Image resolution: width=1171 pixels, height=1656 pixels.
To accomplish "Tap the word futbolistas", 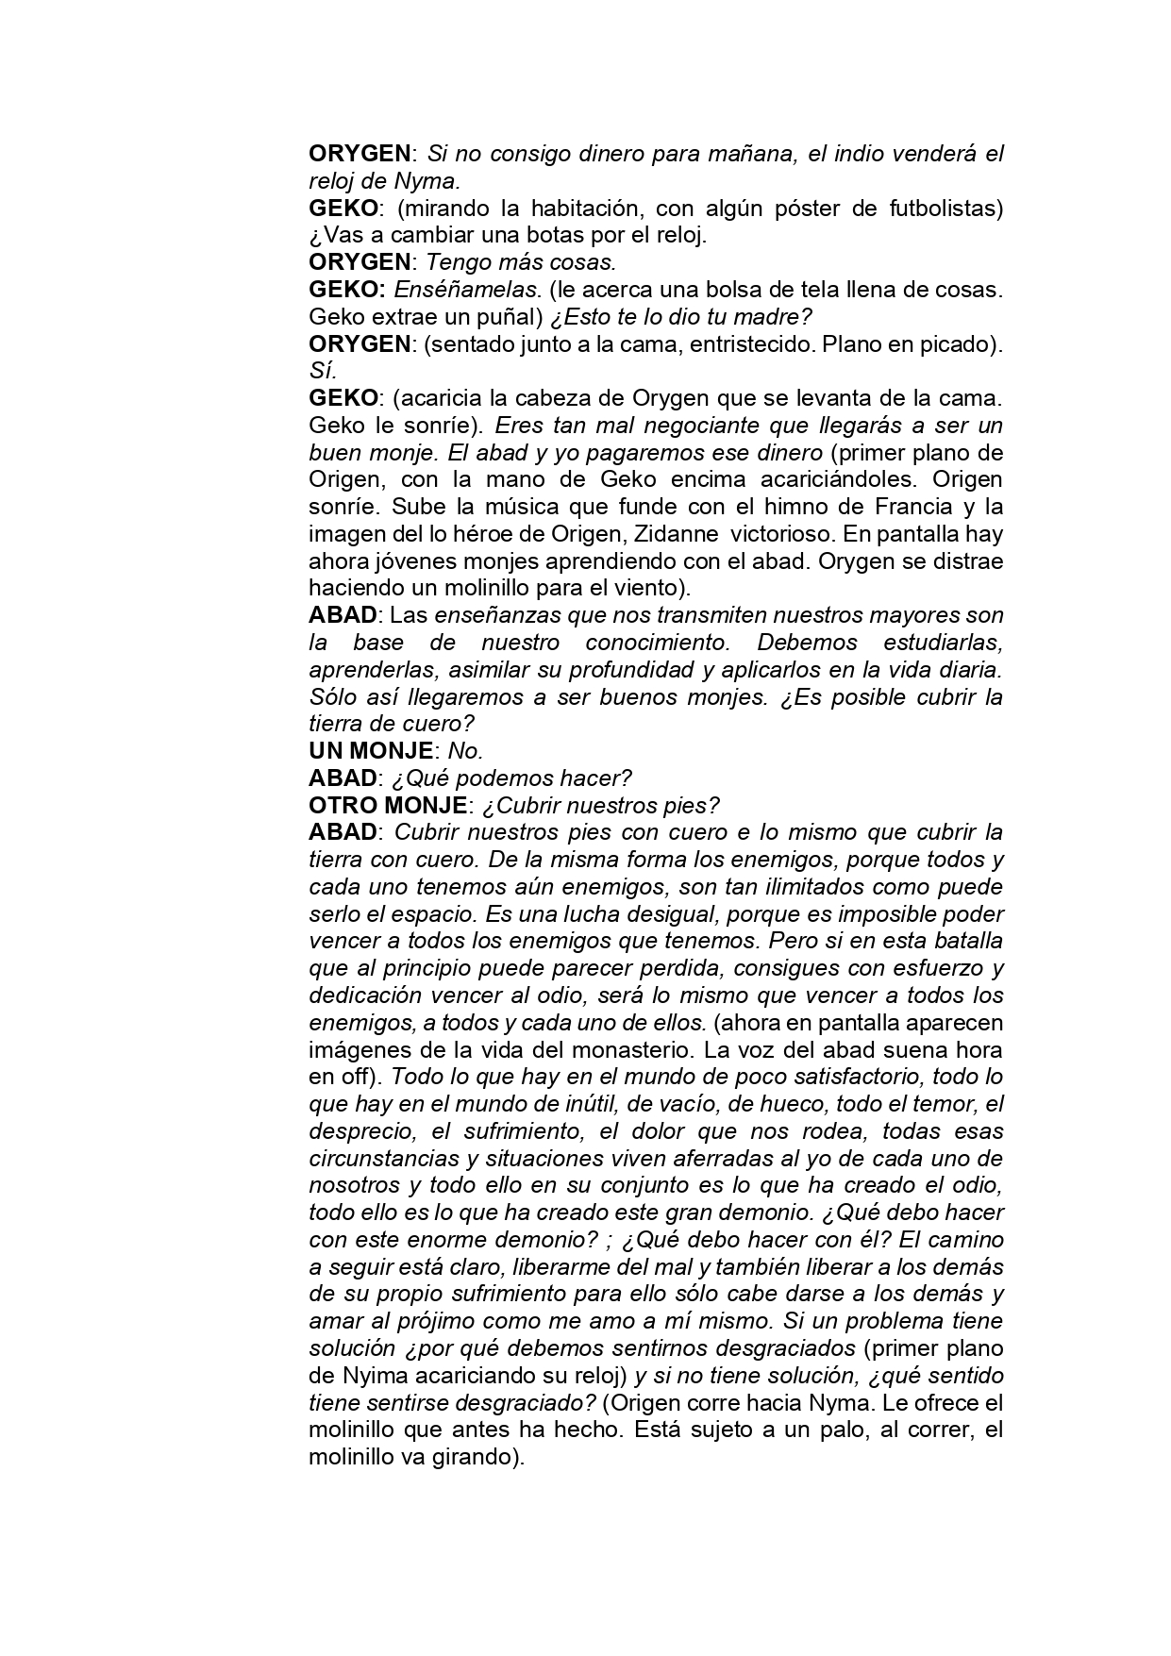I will tap(945, 208).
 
